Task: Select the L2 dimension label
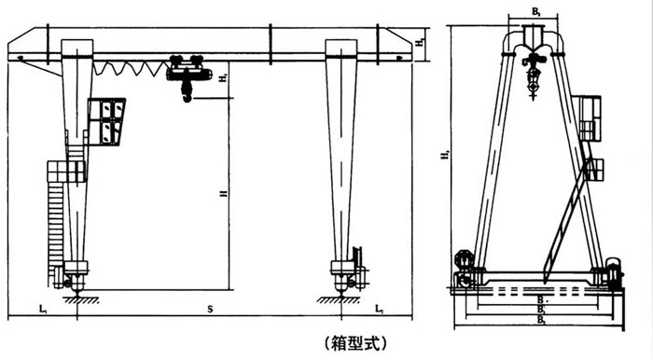pyautogui.click(x=379, y=307)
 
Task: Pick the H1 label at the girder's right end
pyautogui.click(x=422, y=41)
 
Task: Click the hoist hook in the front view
pyautogui.click(x=188, y=94)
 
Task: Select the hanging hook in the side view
pyautogui.click(x=535, y=89)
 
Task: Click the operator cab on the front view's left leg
pyautogui.click(x=108, y=121)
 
